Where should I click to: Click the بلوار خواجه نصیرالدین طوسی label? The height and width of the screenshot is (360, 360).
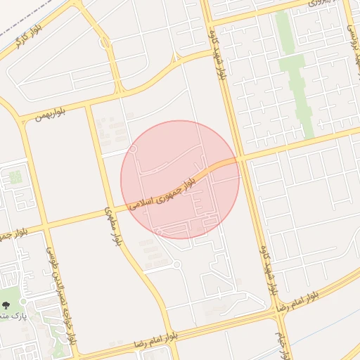(x=60, y=295)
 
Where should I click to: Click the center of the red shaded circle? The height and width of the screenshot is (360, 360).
(x=180, y=179)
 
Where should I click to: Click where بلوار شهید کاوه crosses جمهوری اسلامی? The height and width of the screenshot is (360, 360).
(x=239, y=159)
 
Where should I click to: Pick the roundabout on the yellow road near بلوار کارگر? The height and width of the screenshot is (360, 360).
(x=105, y=43)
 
